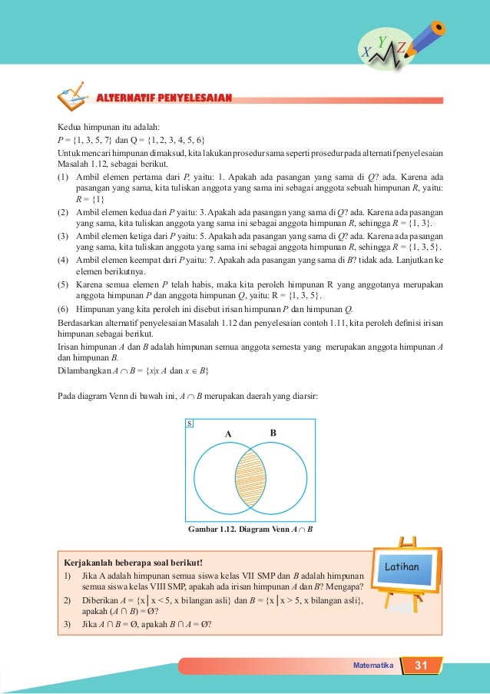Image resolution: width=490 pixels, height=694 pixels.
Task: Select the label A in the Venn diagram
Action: (x=227, y=433)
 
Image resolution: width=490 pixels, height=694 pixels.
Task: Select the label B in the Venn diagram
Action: (x=273, y=433)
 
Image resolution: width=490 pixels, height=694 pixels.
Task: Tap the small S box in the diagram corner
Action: (x=190, y=423)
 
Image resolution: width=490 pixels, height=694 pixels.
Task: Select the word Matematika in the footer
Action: (x=372, y=666)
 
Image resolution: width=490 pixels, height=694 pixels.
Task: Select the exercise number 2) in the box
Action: (x=68, y=599)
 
